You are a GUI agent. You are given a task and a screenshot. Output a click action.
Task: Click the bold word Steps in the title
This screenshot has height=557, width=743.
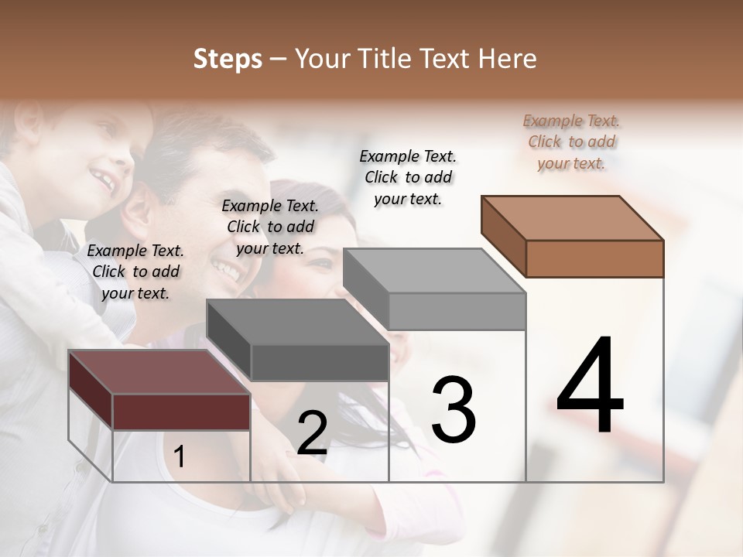tap(228, 59)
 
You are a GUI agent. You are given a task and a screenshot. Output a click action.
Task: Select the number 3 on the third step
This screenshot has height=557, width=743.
tap(454, 409)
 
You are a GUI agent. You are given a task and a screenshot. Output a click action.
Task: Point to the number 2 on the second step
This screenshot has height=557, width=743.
tap(312, 433)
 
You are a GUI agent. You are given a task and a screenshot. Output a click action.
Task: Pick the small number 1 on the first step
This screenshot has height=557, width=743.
tap(180, 457)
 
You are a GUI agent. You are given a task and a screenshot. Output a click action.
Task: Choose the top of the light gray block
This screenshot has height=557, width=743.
tap(433, 270)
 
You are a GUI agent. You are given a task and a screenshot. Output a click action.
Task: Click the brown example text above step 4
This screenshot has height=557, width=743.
tap(572, 142)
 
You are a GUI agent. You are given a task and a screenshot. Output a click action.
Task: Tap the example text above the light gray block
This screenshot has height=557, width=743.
tap(408, 177)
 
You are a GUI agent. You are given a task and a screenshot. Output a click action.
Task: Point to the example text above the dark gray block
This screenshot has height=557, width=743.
tap(270, 227)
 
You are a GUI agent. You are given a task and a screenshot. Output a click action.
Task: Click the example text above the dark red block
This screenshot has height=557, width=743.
tap(135, 272)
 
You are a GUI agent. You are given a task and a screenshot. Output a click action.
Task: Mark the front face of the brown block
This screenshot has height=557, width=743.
tap(594, 258)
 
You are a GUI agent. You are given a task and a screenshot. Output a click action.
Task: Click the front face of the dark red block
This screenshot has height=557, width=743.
tap(181, 412)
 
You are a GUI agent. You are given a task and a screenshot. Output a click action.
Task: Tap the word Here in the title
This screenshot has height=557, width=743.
tap(508, 59)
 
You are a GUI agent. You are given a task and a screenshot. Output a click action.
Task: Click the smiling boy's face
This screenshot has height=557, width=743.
tap(93, 166)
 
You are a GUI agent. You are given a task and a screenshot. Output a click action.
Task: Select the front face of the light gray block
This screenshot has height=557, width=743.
tap(457, 311)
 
